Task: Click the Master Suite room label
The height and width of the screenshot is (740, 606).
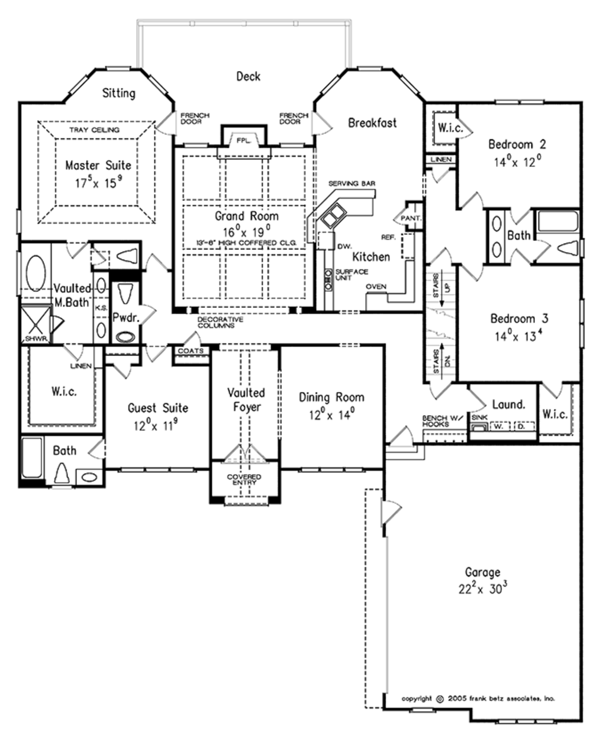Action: click(x=98, y=165)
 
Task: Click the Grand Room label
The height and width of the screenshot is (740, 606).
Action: click(x=246, y=216)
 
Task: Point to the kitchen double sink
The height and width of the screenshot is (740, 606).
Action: click(x=331, y=215)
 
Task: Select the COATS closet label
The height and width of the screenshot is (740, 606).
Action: click(x=191, y=351)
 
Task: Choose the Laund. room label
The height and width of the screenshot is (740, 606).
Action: click(x=508, y=405)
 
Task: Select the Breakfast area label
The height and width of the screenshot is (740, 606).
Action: click(x=372, y=123)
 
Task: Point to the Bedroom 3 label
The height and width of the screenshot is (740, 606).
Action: click(x=520, y=318)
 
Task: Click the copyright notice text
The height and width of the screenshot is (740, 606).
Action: click(x=478, y=699)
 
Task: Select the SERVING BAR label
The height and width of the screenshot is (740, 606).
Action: click(x=352, y=184)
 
